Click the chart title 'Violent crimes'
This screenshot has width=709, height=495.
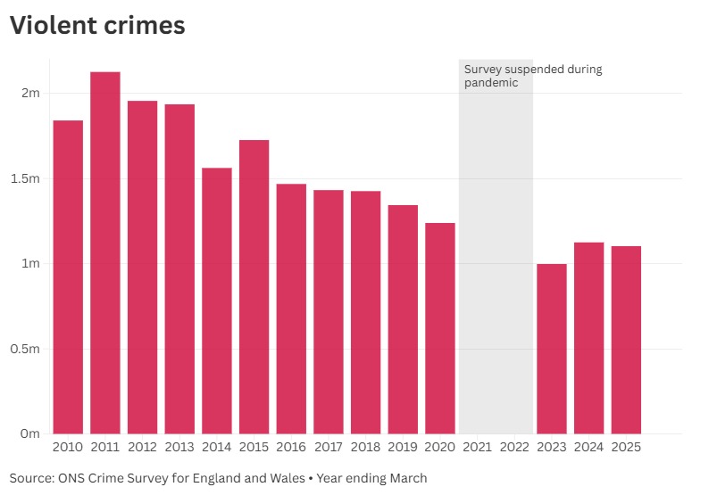(x=97, y=26)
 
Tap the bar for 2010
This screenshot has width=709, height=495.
(x=68, y=276)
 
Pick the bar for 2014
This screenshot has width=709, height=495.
(x=217, y=301)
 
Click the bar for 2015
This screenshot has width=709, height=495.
(x=254, y=286)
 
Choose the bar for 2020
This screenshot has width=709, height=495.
(x=440, y=328)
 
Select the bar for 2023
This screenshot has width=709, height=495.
(x=552, y=349)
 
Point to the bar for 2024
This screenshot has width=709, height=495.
(x=588, y=338)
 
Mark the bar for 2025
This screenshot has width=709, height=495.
(x=626, y=340)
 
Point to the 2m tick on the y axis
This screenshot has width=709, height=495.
(x=30, y=94)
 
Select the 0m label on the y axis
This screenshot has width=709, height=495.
(x=30, y=433)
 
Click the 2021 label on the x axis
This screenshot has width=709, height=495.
(x=478, y=446)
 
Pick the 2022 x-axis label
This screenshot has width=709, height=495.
(x=514, y=446)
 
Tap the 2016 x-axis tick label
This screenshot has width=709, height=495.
(x=291, y=446)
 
